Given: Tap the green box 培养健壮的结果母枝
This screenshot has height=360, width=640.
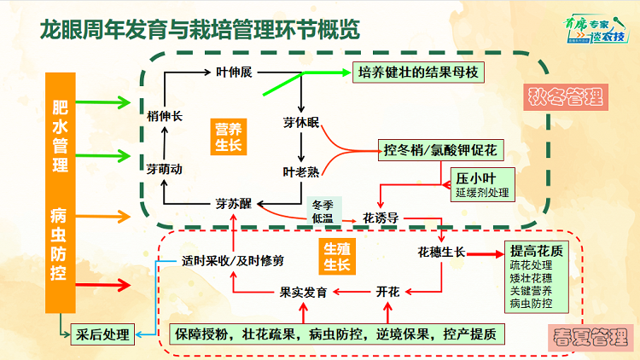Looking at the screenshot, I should (x=418, y=73).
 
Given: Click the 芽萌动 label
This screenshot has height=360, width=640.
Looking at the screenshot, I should (x=164, y=169).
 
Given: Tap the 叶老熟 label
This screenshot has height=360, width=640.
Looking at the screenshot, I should (x=301, y=171).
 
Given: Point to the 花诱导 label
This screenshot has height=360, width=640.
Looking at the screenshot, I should (x=381, y=218).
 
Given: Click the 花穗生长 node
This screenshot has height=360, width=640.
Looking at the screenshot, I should (x=441, y=253).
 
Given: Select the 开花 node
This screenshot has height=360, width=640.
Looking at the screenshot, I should (x=387, y=292).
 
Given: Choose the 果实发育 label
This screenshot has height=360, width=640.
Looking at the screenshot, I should (x=303, y=292).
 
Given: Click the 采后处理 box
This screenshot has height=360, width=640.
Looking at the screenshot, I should (x=102, y=334).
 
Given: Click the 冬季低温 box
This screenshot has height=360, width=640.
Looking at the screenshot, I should (x=323, y=212).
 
